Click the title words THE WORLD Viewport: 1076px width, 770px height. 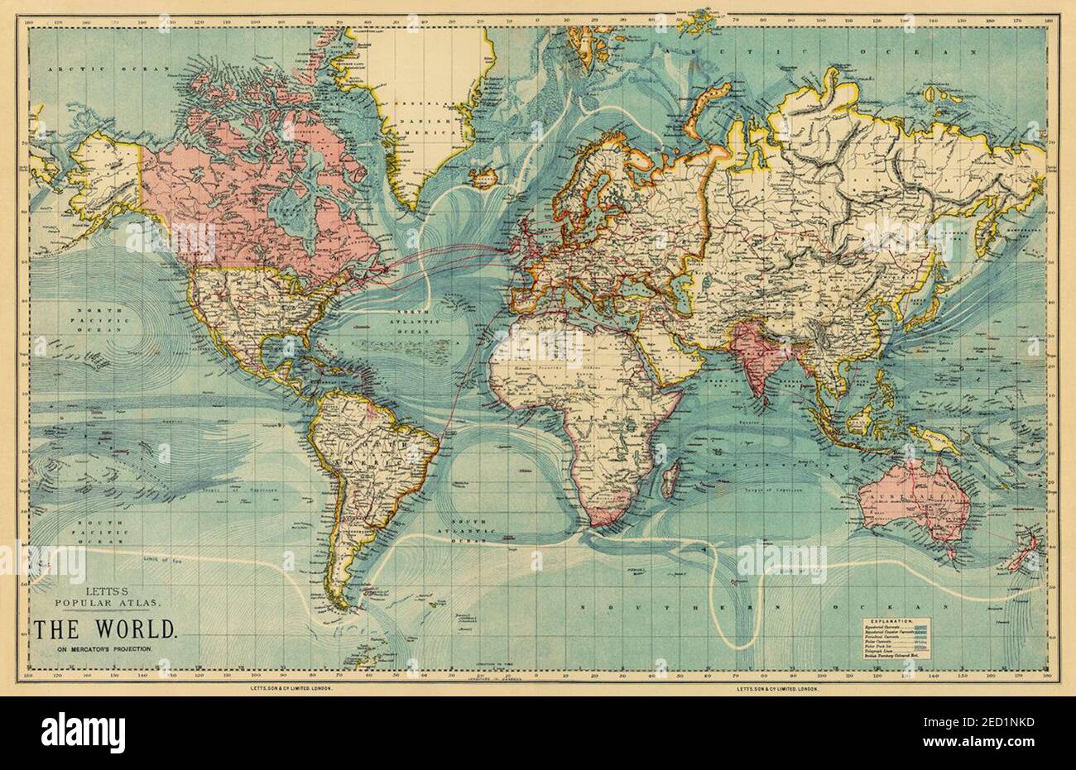(105, 629)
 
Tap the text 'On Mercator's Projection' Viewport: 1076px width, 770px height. (105, 649)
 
